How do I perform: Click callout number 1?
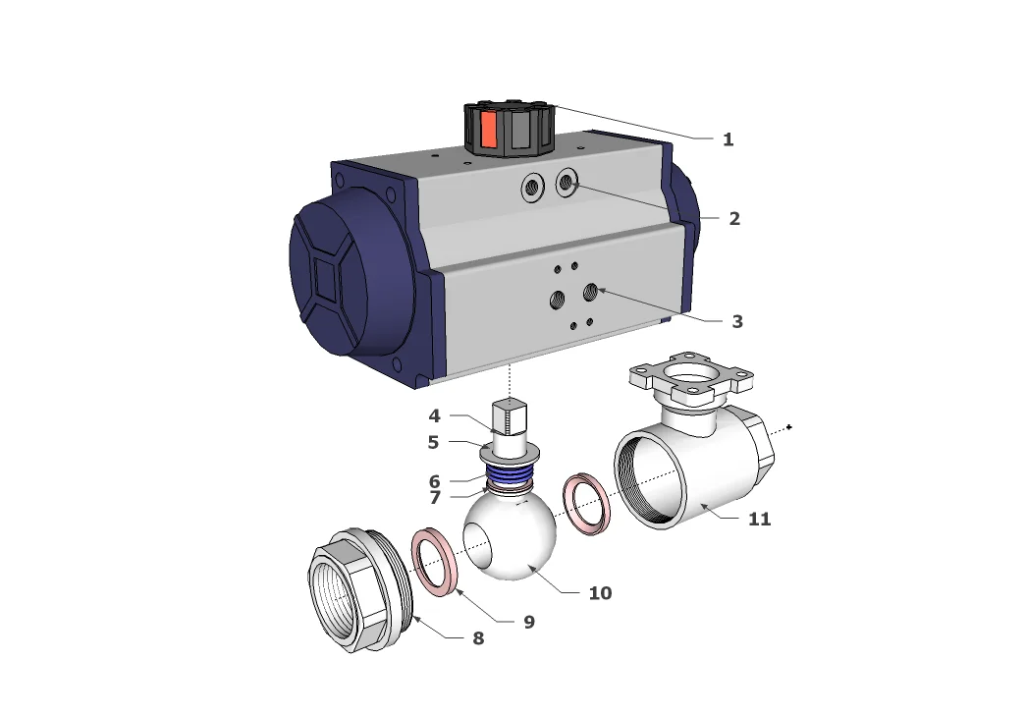pos(728,139)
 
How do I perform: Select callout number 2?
pos(733,219)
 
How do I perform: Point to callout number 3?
pos(736,321)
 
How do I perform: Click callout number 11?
pos(759,519)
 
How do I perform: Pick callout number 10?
pos(599,593)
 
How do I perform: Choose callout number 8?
pos(478,637)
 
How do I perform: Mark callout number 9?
pos(528,622)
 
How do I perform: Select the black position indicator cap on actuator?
pos(509,131)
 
